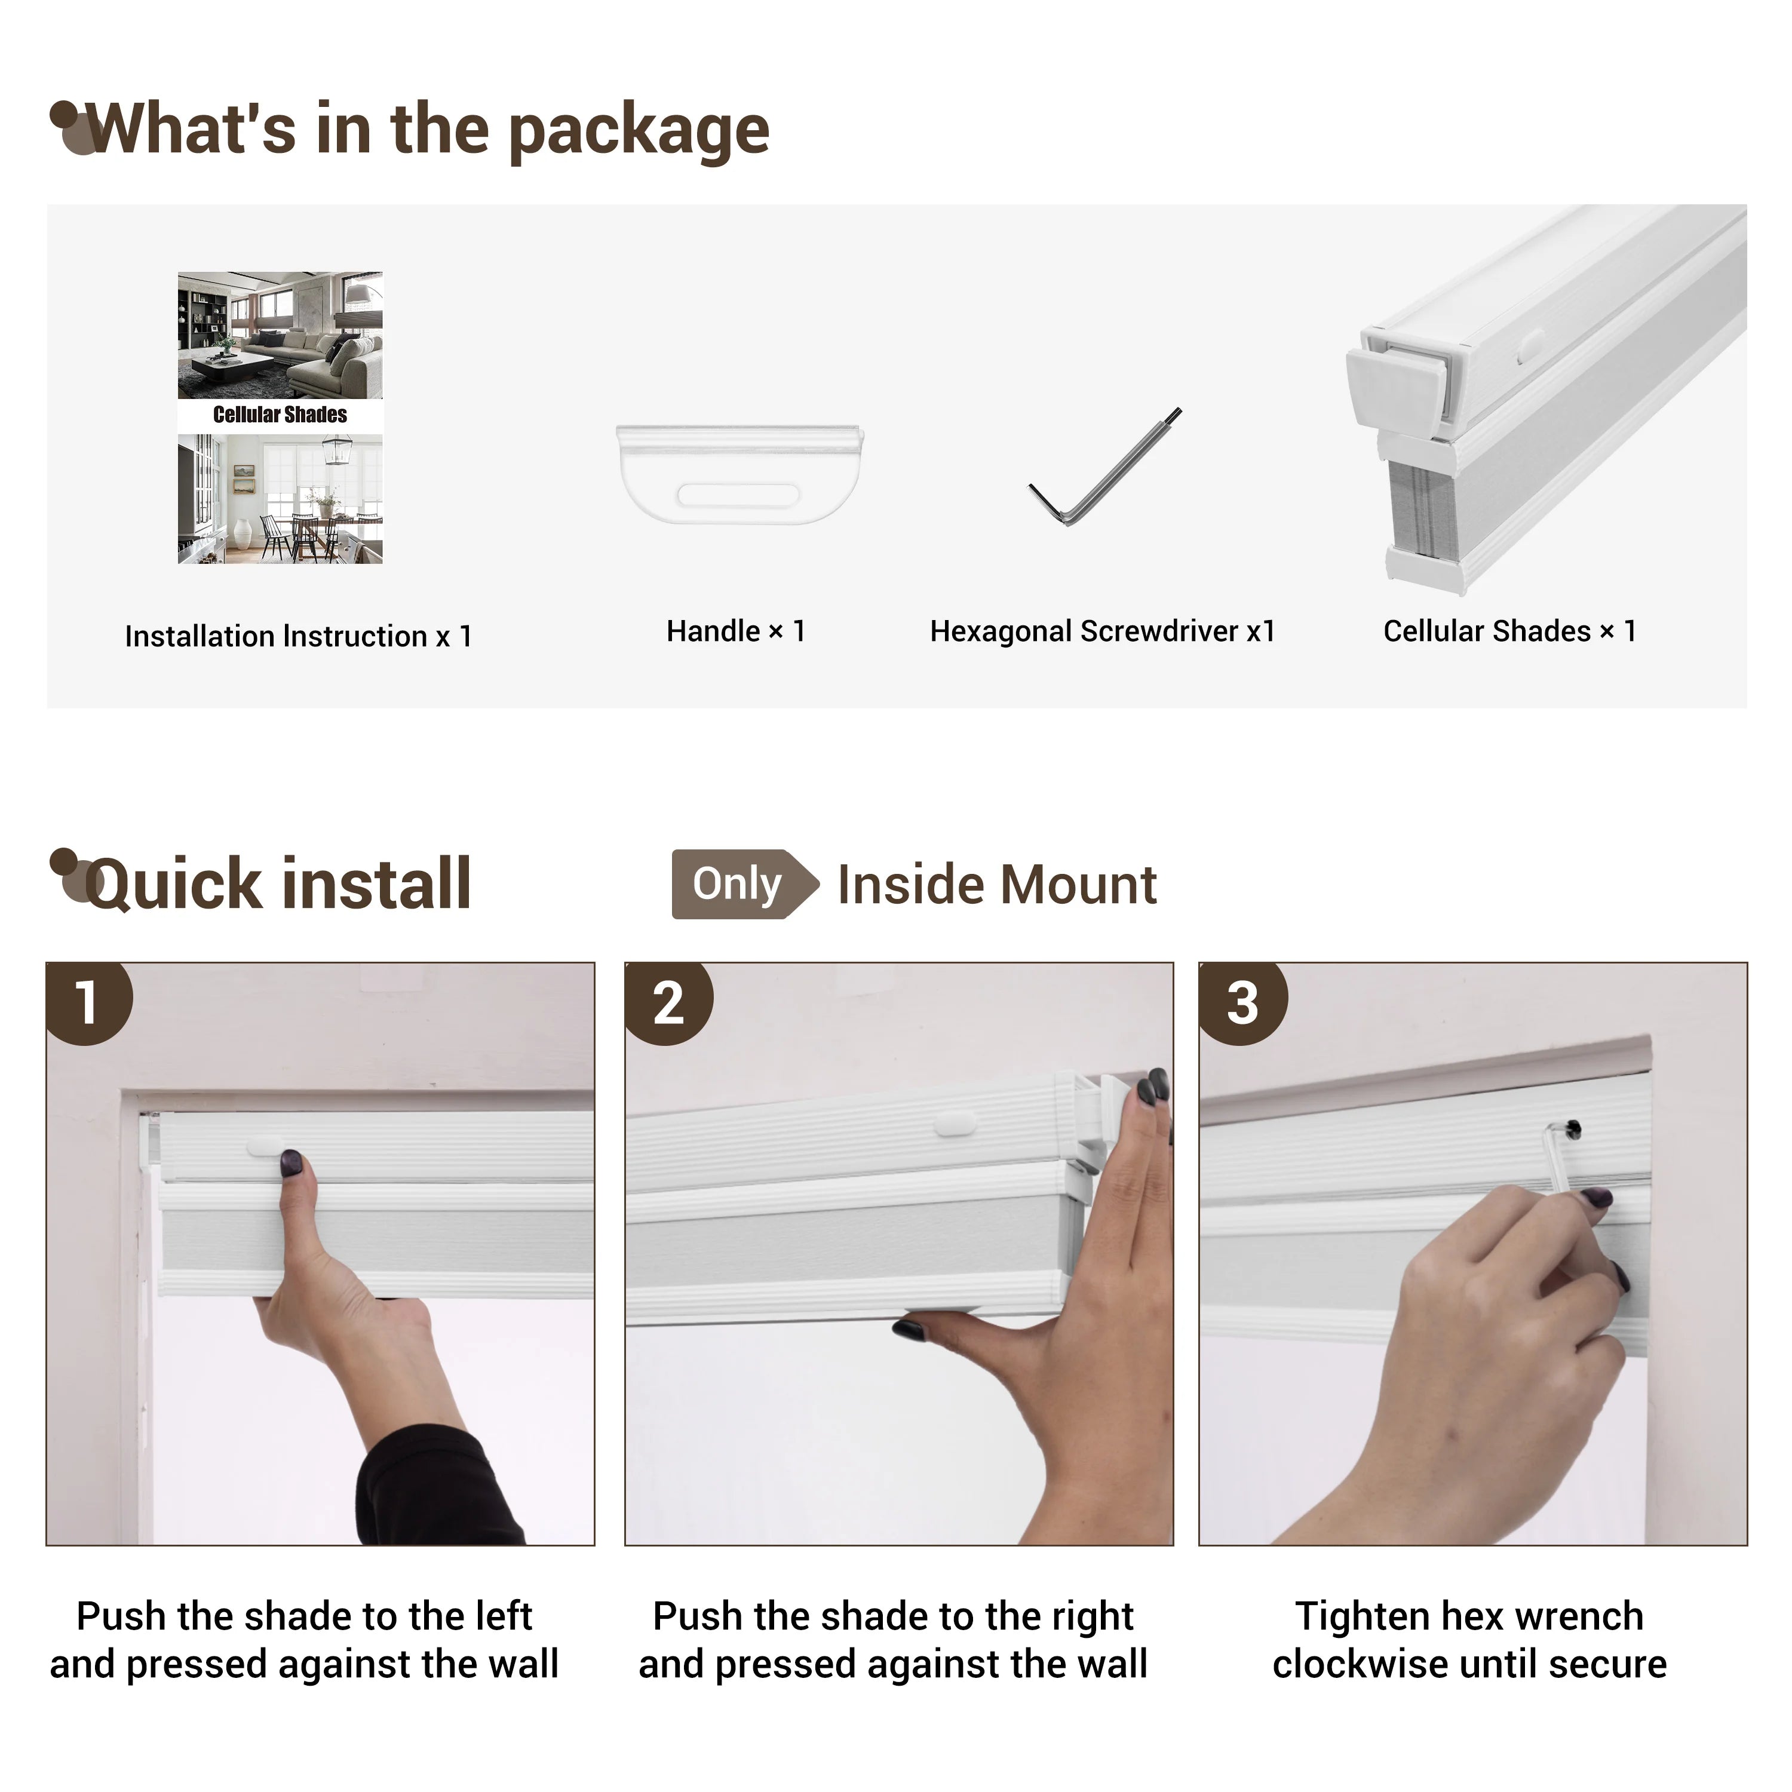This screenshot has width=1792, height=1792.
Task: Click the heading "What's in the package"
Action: click(428, 130)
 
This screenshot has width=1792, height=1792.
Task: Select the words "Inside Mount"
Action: click(997, 884)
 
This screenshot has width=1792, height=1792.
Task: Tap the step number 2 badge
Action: click(668, 1002)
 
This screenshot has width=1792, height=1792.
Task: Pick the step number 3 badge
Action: click(1243, 1002)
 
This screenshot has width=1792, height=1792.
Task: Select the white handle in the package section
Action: click(739, 474)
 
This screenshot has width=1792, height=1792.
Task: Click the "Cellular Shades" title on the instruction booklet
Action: click(280, 415)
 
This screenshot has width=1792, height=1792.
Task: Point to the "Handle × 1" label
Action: click(735, 631)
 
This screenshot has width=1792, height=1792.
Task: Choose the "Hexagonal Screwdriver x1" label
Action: click(1103, 631)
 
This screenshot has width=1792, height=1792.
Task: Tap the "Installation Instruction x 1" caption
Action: click(299, 636)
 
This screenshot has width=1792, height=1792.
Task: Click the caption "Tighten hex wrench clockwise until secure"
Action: click(1470, 1640)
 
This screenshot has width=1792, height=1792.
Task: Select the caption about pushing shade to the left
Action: click(304, 1640)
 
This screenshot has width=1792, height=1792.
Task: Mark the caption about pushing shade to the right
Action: click(893, 1640)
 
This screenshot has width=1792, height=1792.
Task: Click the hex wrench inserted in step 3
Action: click(1562, 1159)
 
